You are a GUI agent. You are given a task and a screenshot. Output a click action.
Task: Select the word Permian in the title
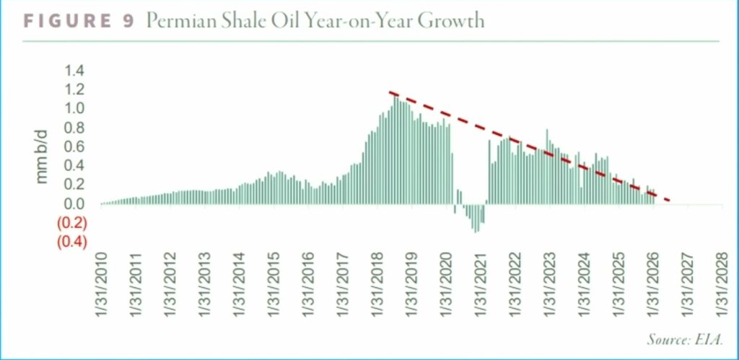176,21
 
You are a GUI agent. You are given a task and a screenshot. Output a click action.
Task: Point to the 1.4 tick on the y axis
74,71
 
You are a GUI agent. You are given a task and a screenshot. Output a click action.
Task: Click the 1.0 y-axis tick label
74,109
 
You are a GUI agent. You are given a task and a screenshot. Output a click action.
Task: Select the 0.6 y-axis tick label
74,146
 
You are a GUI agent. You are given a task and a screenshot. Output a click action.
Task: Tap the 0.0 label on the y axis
74,204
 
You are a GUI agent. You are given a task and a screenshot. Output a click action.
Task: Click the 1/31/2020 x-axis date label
445,286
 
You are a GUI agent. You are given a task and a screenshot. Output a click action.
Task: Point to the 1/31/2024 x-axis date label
583,286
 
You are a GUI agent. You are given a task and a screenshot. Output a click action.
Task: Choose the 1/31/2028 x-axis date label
721,286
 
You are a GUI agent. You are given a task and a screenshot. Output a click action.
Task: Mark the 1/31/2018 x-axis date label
377,286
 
